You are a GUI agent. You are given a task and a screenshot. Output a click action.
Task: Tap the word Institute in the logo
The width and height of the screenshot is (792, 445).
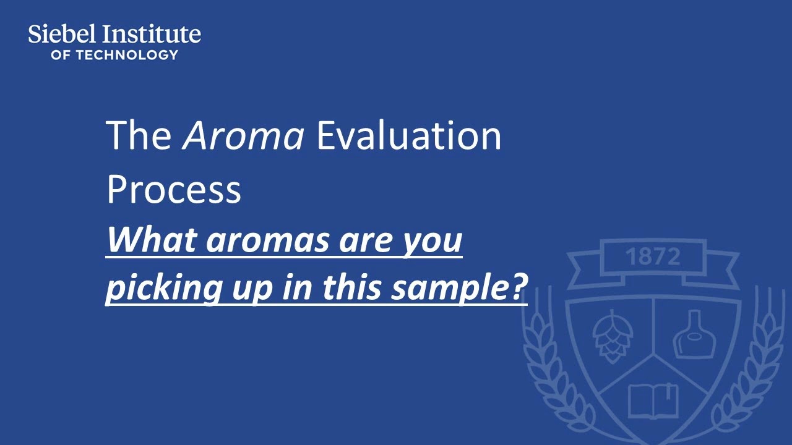coord(152,34)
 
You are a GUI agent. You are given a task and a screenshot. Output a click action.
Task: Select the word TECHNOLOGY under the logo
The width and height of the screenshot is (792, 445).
coord(127,55)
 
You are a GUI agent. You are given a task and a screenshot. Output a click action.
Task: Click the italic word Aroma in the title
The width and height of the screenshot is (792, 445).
coord(243,135)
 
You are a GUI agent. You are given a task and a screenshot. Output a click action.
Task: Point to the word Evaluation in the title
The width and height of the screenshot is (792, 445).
coord(409,135)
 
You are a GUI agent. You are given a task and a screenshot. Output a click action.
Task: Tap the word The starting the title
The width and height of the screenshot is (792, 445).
coord(139,135)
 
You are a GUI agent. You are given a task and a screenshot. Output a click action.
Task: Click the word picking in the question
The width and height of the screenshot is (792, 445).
coord(164,289)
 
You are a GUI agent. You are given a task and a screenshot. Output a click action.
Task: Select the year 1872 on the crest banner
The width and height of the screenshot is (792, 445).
coord(653,256)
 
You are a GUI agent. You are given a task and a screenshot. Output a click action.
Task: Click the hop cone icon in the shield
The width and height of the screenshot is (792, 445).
coord(613,336)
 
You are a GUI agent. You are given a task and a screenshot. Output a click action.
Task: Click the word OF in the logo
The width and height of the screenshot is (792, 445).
coord(60,55)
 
